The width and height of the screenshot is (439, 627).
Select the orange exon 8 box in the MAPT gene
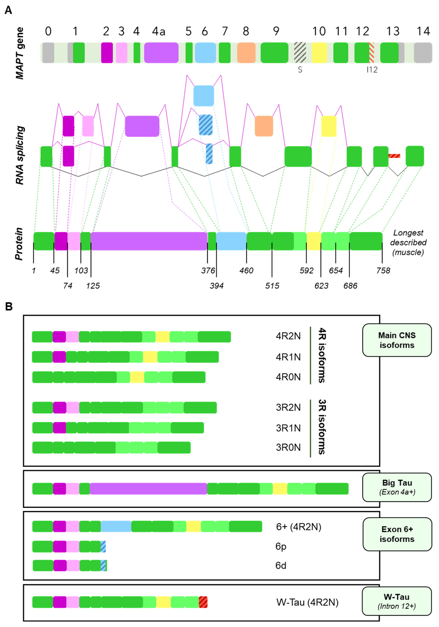[246, 53]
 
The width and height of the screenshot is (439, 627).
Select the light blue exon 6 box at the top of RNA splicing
[204, 96]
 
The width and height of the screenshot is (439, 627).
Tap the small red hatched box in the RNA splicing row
[394, 156]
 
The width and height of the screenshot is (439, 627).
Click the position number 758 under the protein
[383, 271]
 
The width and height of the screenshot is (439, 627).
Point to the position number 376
[208, 271]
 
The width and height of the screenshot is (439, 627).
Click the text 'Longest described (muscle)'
[408, 242]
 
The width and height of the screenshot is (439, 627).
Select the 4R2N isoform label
[288, 336]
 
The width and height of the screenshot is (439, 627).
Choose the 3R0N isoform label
[288, 447]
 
